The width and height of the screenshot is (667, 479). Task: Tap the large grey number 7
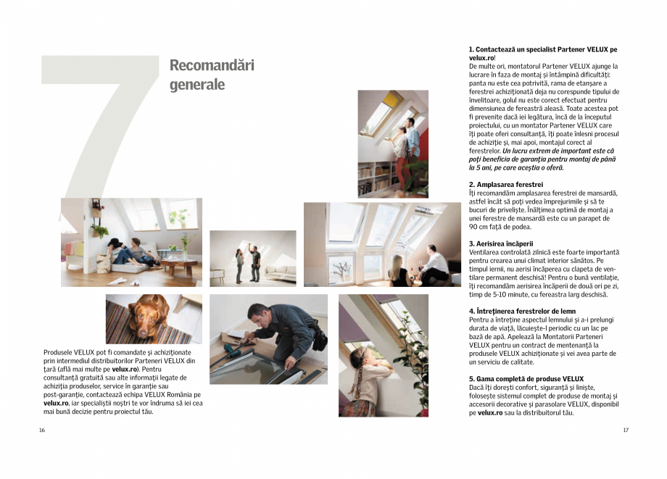pos(101,123)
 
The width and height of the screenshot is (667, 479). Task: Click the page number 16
pos(42,430)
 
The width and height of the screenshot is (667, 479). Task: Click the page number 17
pos(626,430)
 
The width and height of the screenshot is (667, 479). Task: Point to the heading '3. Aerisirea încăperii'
pos(501,243)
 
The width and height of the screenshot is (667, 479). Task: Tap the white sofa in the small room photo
pos(280,272)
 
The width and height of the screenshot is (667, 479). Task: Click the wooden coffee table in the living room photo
pos(177,264)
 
